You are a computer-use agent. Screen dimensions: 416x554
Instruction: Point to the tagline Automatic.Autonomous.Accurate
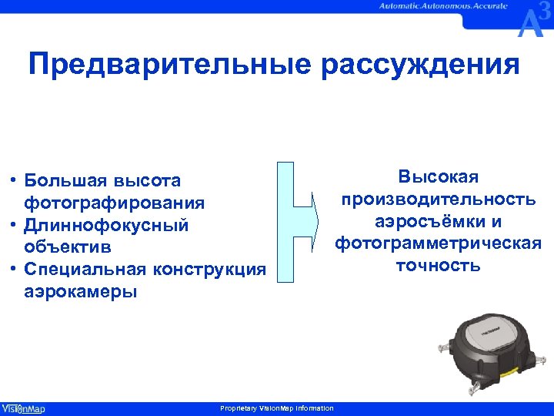click(x=442, y=6)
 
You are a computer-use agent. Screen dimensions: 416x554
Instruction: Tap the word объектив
click(x=68, y=248)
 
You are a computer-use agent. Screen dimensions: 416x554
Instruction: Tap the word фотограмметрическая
click(x=438, y=243)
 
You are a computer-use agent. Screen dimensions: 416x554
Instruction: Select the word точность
click(x=438, y=266)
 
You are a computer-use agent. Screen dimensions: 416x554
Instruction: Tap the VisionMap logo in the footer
click(x=23, y=408)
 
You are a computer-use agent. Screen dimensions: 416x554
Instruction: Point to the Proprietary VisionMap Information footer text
click(x=276, y=408)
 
